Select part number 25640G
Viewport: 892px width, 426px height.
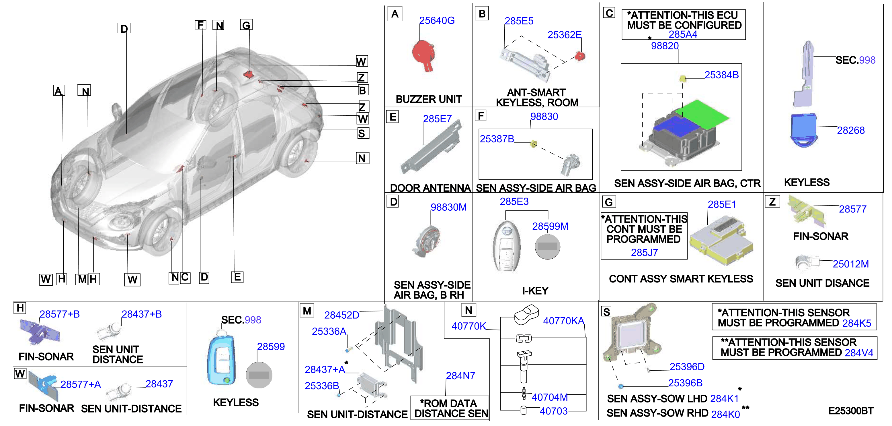[437, 21]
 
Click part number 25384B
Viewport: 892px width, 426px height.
[721, 75]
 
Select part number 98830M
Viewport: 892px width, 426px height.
[448, 207]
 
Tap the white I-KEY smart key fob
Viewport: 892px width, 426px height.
[507, 245]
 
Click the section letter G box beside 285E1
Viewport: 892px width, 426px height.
[609, 202]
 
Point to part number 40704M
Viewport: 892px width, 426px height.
[550, 397]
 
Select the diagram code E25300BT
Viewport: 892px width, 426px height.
[851, 411]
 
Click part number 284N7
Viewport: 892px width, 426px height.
[460, 376]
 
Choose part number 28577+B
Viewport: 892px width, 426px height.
[60, 314]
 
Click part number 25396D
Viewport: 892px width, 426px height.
[687, 367]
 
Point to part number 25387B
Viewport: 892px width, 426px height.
[497, 139]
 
